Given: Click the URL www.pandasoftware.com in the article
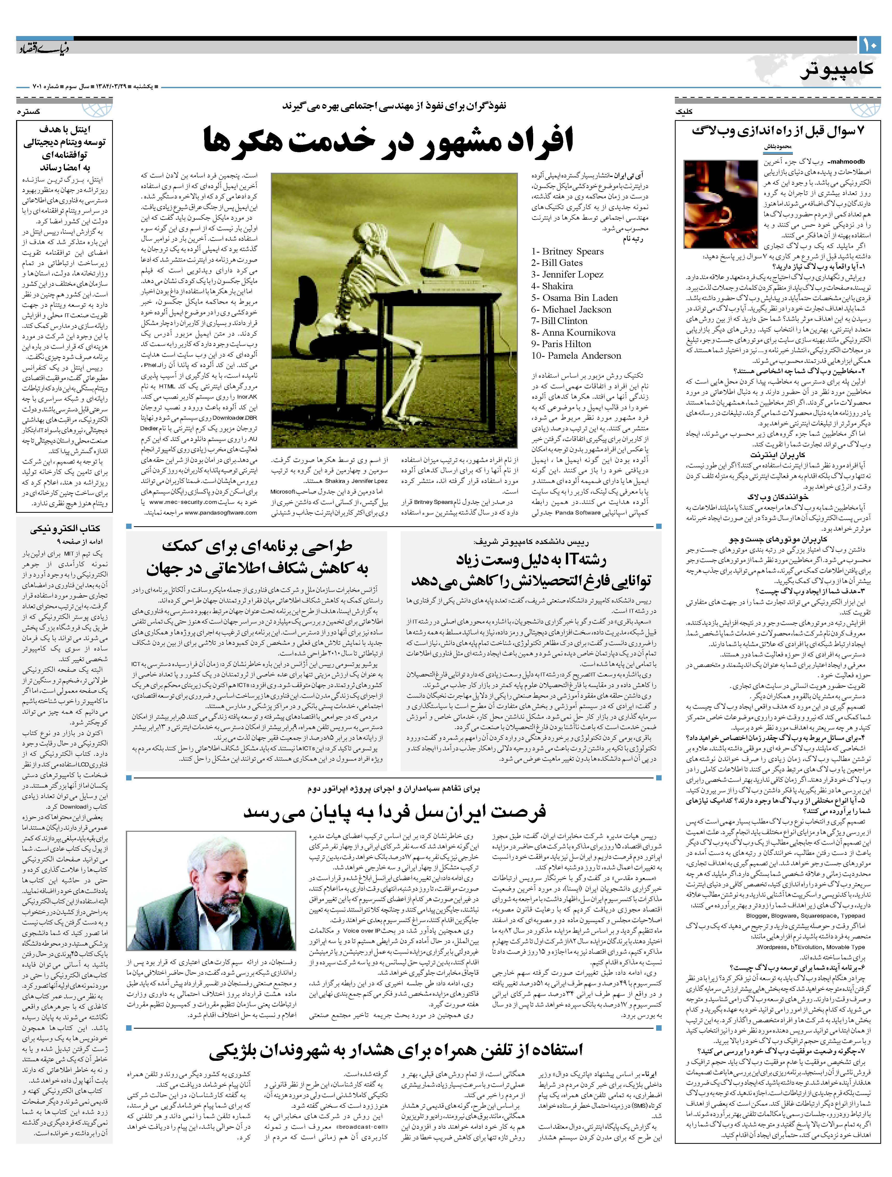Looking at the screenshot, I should pos(221,513).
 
